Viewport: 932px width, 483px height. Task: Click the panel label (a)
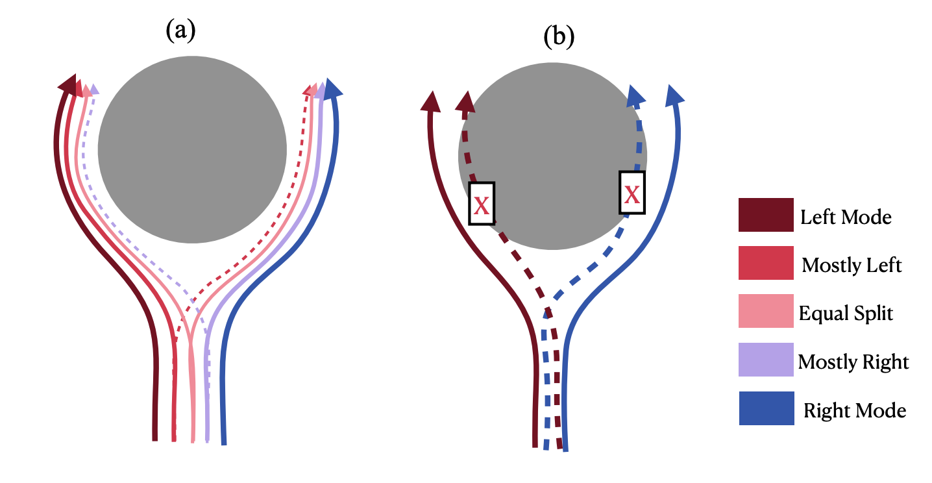(180, 31)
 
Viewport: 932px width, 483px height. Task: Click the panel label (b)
(559, 37)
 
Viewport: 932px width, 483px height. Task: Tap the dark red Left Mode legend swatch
(766, 215)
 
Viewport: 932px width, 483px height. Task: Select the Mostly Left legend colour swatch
(766, 263)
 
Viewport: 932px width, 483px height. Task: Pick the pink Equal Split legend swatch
(766, 311)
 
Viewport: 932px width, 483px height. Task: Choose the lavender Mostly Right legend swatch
(766, 360)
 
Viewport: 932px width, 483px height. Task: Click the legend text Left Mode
(846, 216)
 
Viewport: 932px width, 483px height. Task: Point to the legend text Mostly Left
(852, 265)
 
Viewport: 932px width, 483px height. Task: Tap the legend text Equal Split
(846, 314)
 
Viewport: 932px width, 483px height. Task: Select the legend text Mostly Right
(853, 362)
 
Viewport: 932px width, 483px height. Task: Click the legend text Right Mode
(855, 410)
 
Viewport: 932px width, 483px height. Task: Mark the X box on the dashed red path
(481, 203)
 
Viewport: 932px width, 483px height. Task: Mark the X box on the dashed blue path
(632, 192)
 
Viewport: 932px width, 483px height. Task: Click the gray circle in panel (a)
(192, 149)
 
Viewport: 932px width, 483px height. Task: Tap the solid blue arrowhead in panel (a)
(332, 88)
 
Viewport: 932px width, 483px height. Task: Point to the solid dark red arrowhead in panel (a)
(67, 83)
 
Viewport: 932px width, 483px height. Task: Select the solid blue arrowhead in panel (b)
(675, 94)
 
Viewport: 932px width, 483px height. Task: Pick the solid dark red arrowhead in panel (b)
(431, 101)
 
